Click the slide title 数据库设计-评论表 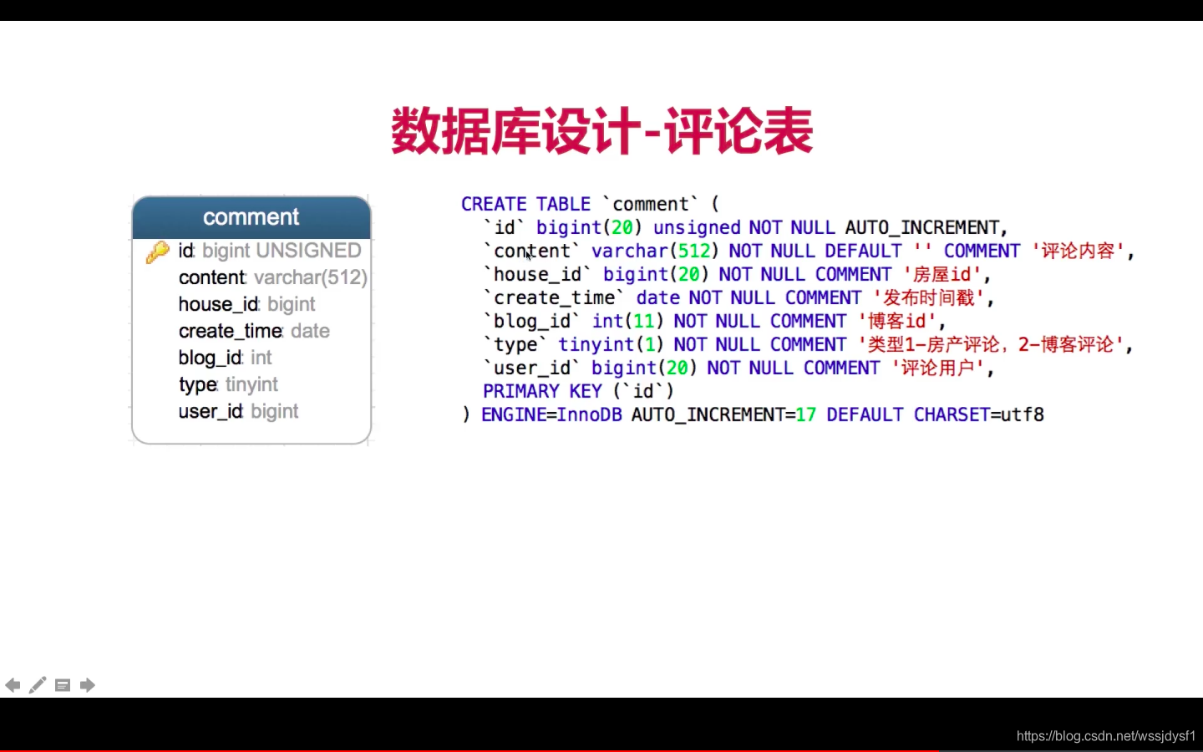(601, 131)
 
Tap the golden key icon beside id (157, 252)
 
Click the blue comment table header (251, 217)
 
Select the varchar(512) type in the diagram (311, 277)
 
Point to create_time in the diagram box (231, 331)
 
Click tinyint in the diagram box (251, 384)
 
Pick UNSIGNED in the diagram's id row (308, 251)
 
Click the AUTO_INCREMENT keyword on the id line (922, 228)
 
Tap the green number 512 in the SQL (694, 251)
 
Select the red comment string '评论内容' (1078, 251)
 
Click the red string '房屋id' (942, 274)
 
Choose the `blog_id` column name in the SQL (531, 321)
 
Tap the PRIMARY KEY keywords (542, 391)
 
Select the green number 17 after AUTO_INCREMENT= (805, 414)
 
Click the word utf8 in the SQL (1023, 414)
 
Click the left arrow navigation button (13, 685)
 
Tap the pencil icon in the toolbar (38, 685)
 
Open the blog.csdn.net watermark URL (1106, 735)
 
